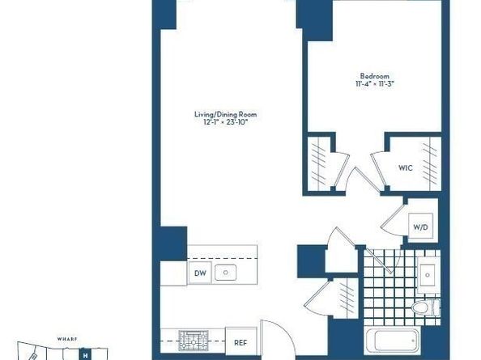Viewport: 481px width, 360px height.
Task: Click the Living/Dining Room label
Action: pyautogui.click(x=222, y=115)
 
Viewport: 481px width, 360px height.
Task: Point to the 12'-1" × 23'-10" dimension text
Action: pyautogui.click(x=222, y=123)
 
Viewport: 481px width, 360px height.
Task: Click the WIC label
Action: pyautogui.click(x=407, y=168)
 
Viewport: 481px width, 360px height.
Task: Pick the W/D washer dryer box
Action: pyautogui.click(x=421, y=227)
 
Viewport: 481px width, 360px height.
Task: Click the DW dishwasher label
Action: pyautogui.click(x=200, y=274)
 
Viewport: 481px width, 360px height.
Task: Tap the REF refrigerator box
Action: pyautogui.click(x=240, y=341)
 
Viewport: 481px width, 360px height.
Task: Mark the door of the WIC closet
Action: pyautogui.click(x=377, y=166)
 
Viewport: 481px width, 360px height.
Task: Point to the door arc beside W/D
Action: pyautogui.click(x=395, y=220)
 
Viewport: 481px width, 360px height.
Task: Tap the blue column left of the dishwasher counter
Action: pyautogui.click(x=172, y=244)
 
